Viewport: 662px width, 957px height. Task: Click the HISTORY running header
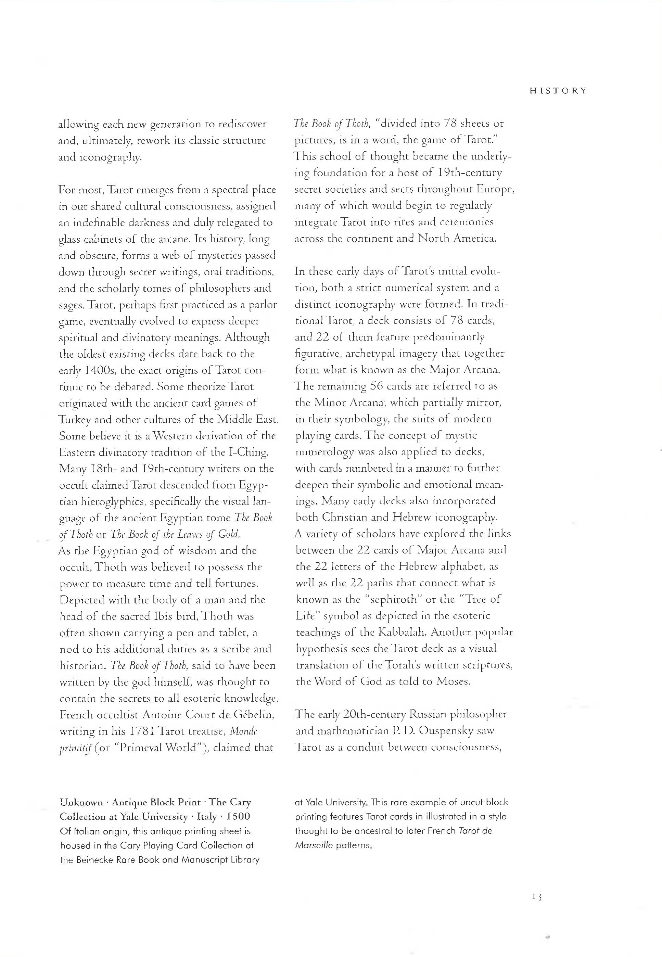click(558, 91)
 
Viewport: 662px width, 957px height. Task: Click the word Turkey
click(75, 420)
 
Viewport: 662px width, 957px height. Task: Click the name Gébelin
click(254, 714)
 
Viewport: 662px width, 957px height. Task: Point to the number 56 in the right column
click(376, 386)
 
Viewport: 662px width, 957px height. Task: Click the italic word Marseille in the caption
click(314, 845)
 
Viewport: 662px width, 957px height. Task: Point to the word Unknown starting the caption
click(81, 802)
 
